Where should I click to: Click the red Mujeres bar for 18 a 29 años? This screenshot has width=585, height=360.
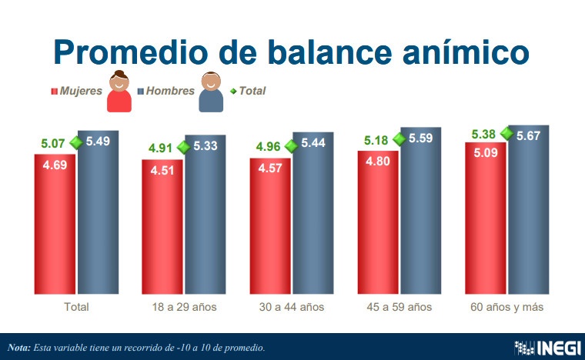pyautogui.click(x=162, y=231)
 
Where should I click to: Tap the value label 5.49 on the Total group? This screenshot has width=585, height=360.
pyautogui.click(x=97, y=142)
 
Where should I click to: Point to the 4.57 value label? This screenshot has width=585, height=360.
pyautogui.click(x=269, y=168)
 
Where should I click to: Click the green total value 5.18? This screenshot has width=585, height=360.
pyautogui.click(x=376, y=139)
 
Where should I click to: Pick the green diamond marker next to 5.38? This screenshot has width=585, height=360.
pyautogui.click(x=506, y=133)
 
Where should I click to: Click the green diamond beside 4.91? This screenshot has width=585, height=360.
pyautogui.click(x=183, y=147)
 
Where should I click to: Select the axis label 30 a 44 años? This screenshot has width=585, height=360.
pyautogui.click(x=292, y=307)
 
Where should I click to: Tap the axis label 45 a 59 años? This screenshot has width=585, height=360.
pyautogui.click(x=399, y=307)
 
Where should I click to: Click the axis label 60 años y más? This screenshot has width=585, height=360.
pyautogui.click(x=506, y=307)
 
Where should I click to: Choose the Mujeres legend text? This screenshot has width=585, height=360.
pyautogui.click(x=81, y=91)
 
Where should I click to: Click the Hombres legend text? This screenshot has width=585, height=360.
pyautogui.click(x=170, y=91)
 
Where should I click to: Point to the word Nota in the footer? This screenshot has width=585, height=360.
pyautogui.click(x=18, y=348)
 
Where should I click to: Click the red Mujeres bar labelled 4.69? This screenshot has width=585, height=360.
pyautogui.click(x=55, y=231)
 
